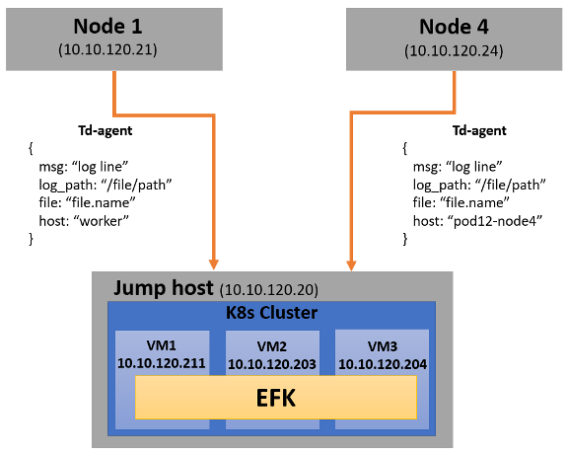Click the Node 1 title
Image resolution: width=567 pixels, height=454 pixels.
[107, 27]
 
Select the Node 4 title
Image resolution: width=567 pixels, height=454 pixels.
[454, 27]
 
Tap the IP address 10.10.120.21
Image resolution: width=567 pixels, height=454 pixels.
[107, 49]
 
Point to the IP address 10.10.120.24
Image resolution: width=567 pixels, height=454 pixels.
[454, 50]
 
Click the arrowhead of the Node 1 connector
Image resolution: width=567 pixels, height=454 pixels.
[214, 265]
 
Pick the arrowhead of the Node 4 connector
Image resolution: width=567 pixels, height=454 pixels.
[351, 265]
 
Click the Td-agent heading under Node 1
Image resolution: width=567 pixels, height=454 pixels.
[106, 130]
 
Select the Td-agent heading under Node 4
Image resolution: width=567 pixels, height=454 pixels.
[479, 130]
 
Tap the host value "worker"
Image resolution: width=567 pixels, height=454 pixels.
[101, 220]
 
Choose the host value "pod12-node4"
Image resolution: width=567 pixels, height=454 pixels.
[495, 220]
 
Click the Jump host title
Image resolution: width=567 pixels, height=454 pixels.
[164, 288]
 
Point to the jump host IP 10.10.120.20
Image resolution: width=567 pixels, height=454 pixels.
[269, 289]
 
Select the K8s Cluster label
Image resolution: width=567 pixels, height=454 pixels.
[271, 313]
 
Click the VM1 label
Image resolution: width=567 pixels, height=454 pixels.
[162, 345]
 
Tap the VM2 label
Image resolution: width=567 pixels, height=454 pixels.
[272, 346]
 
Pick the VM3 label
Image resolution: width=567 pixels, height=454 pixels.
[383, 346]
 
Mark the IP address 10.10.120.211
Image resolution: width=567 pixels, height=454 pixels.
[162, 363]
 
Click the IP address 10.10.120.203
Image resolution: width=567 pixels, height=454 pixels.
[272, 364]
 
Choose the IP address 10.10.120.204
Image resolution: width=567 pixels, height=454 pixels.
[383, 364]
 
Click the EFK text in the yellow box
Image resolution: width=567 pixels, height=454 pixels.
[276, 398]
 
